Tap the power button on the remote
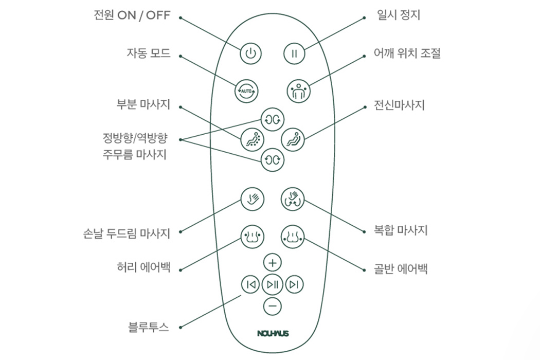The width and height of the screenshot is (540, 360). pos(250,53)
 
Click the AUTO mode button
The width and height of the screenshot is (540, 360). pos(246,91)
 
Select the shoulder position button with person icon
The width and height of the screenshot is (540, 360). pos(298,91)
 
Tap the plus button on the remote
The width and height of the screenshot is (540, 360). pos(273,263)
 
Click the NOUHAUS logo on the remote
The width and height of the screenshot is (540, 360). pos(273,333)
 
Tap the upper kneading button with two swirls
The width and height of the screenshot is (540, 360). pos(272,119)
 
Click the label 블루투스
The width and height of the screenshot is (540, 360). pos(149,327)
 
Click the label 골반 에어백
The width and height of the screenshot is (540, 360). pos(400,269)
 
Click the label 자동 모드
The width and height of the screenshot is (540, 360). pos(149,53)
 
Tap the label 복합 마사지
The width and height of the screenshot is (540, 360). pos(400,230)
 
